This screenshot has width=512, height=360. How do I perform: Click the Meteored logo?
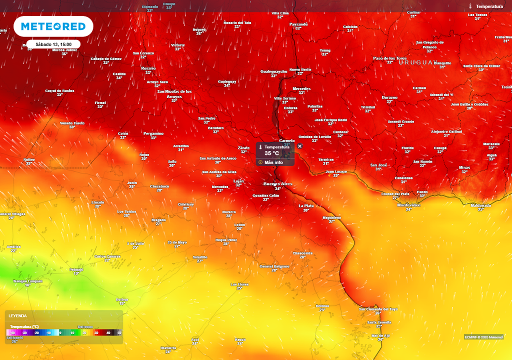(x=53, y=26)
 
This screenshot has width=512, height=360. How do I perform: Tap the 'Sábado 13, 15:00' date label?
(x=53, y=44)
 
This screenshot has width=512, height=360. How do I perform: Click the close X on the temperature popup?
(x=299, y=146)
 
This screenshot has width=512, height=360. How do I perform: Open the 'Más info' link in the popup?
(x=273, y=162)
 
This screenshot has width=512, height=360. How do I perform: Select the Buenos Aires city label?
(x=277, y=184)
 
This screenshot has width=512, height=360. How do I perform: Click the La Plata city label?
(x=306, y=205)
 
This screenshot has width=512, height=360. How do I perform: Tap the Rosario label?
(x=148, y=68)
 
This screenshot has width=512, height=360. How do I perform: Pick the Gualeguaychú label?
(x=274, y=71)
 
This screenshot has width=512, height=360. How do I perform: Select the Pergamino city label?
(x=153, y=133)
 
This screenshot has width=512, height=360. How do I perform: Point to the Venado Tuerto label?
(x=72, y=123)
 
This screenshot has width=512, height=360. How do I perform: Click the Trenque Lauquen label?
(x=27, y=281)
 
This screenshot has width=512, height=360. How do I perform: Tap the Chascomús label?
(x=302, y=253)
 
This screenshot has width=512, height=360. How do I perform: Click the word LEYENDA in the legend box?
(x=17, y=316)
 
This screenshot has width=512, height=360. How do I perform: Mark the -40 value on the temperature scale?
(x=12, y=332)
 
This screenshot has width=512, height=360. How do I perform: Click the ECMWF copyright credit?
(x=483, y=336)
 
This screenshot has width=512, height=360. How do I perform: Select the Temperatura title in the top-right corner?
(x=489, y=6)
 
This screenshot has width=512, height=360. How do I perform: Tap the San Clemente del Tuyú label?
(x=378, y=309)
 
